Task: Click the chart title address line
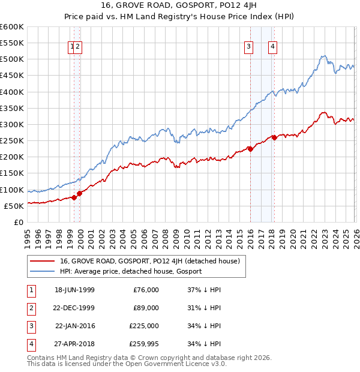[x=179, y=6]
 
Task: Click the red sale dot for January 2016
[x=250, y=149]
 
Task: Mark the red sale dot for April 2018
[x=274, y=137]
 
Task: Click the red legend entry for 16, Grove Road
[x=150, y=261]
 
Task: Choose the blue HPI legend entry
[x=131, y=271]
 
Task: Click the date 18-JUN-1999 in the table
[x=74, y=290]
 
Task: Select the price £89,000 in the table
[x=146, y=308]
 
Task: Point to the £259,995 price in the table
[x=143, y=344]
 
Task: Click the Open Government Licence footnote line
[x=127, y=364]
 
